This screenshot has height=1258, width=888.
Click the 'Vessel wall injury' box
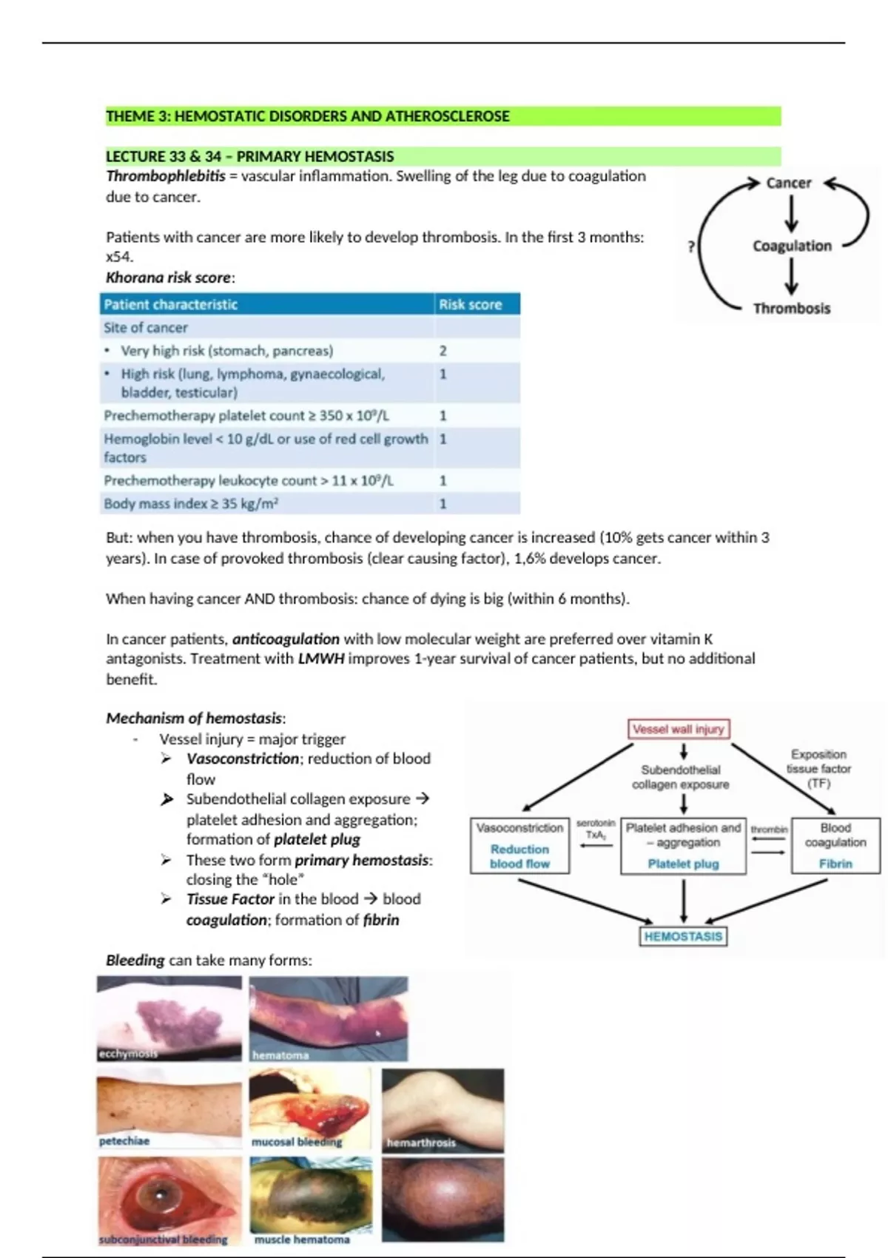(679, 729)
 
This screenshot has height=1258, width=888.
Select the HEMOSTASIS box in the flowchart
(682, 936)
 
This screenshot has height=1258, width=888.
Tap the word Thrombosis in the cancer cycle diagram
(791, 309)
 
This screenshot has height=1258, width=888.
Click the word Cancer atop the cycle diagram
(788, 183)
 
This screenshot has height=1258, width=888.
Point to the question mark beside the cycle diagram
(691, 246)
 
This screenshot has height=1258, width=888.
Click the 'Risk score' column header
(470, 304)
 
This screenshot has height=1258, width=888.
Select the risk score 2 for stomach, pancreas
(443, 351)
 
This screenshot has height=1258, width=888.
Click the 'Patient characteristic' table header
(171, 304)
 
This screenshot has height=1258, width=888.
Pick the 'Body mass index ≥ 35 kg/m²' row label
(191, 504)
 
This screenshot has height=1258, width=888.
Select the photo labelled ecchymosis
(169, 1018)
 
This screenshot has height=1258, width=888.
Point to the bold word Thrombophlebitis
(166, 176)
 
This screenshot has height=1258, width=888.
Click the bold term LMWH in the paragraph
(321, 659)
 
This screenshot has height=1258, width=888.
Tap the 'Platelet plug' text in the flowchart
(683, 864)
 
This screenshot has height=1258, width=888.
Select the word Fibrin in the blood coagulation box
(835, 864)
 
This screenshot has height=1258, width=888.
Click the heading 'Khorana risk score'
(169, 277)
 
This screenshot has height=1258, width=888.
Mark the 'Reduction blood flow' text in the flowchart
(519, 856)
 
